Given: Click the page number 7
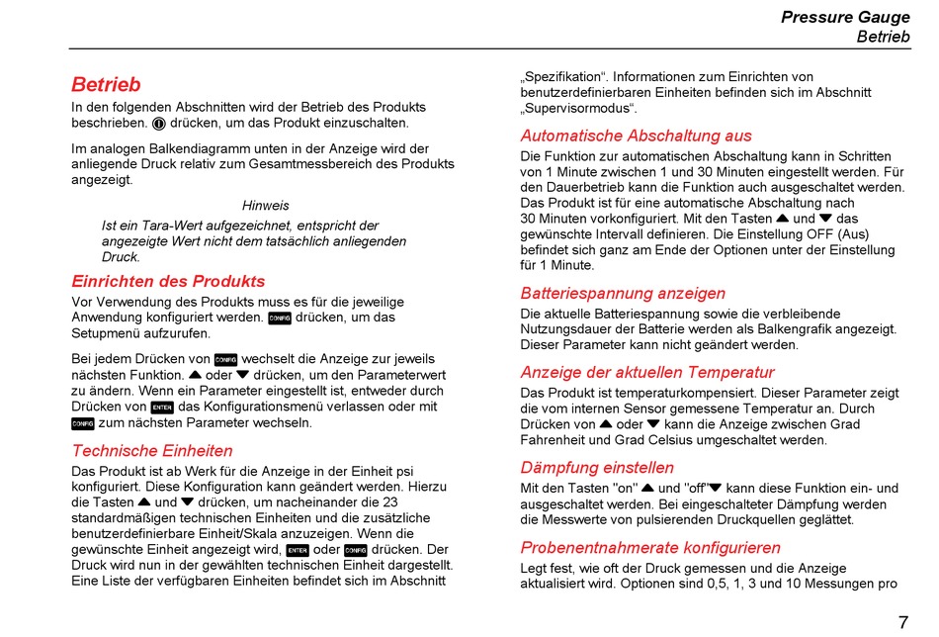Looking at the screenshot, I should [902, 622].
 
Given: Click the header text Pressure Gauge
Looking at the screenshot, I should [845, 17].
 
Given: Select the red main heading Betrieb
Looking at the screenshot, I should [106, 85].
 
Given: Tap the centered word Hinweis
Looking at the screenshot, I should [266, 206].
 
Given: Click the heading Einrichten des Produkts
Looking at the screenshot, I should [168, 281].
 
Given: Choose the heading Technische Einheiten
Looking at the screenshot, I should [152, 451].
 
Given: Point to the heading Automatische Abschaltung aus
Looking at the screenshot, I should [636, 136].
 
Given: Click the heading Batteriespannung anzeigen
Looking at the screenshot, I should [623, 293].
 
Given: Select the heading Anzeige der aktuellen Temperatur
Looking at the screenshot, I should [647, 373].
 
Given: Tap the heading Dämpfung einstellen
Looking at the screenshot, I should [597, 468].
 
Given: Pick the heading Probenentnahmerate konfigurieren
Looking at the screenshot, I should [650, 547].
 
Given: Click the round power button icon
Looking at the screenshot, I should [158, 124].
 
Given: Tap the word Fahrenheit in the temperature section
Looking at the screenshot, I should [555, 440].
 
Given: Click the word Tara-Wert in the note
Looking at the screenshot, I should [167, 226].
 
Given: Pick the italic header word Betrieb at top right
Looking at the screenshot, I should [883, 37].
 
